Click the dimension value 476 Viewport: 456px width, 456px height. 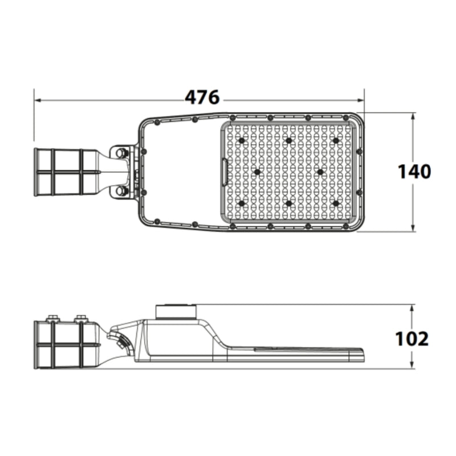[202, 97]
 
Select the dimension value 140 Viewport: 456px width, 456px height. [414, 172]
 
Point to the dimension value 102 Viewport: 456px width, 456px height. [412, 339]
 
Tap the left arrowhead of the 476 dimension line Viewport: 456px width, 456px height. [38, 100]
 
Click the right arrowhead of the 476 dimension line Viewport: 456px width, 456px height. [361, 100]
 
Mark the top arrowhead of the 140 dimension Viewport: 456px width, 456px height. [412, 117]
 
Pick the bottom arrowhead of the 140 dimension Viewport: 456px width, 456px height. [412, 228]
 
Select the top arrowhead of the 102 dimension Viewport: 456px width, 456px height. [412, 308]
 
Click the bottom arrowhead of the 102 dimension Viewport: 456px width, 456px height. [412, 365]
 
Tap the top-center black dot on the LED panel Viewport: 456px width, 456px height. [289, 141]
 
